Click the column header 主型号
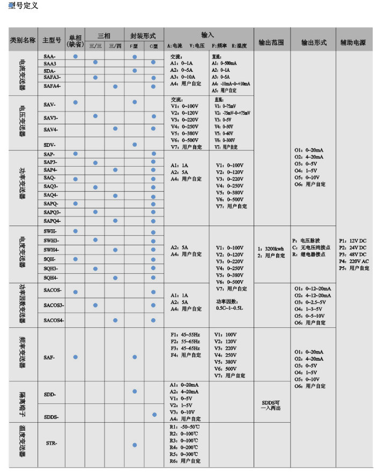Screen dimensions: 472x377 pos(53,40)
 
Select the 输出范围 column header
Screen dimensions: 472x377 pos(270,41)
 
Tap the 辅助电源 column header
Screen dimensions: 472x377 pos(353,41)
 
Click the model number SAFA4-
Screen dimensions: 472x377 pos(52,86)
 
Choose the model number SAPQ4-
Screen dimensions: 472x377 pos(52,220)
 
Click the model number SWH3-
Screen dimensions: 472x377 pos(51,240)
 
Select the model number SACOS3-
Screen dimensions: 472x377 pos(54,305)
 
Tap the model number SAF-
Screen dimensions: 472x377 pos(49,357)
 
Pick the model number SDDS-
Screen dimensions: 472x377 pos(51,416)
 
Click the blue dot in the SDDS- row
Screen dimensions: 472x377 pos(154,415)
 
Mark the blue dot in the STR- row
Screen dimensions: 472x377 pos(135,445)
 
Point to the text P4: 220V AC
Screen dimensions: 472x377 pos(354,261)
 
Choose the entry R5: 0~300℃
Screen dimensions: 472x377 pos(184,453)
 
